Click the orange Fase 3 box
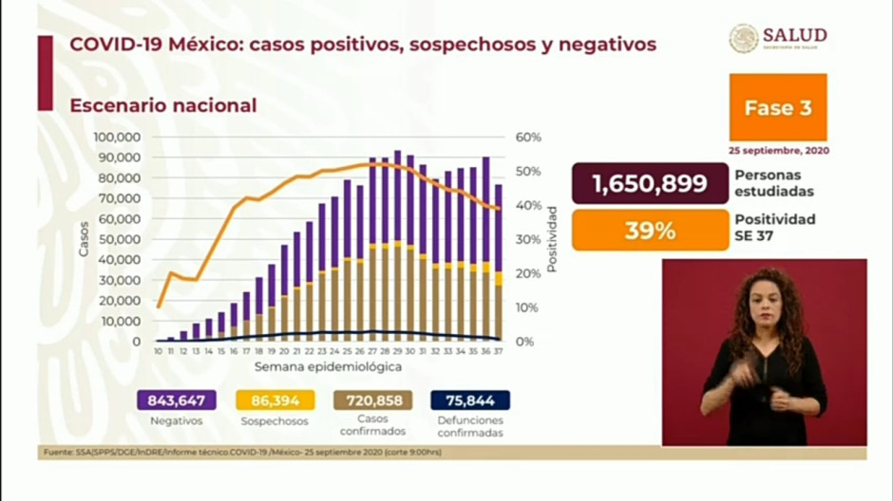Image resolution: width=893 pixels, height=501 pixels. (x=777, y=108)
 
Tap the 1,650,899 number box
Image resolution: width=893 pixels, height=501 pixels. (x=650, y=184)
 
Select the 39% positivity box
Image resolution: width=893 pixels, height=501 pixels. (x=650, y=231)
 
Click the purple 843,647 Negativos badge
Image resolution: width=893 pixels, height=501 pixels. (x=176, y=400)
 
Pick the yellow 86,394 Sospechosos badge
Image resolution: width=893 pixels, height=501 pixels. (x=275, y=400)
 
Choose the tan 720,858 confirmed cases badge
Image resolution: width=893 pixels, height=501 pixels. (x=372, y=400)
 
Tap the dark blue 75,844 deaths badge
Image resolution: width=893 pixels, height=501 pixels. (x=470, y=400)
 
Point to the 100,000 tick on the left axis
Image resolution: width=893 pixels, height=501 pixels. (x=118, y=138)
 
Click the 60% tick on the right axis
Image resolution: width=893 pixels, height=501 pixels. (x=528, y=138)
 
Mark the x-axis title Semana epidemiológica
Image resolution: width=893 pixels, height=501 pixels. (x=327, y=366)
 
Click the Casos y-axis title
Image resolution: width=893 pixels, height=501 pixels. (x=84, y=239)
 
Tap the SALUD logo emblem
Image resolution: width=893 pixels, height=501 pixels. (x=743, y=39)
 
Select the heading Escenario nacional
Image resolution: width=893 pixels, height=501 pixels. (x=162, y=105)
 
